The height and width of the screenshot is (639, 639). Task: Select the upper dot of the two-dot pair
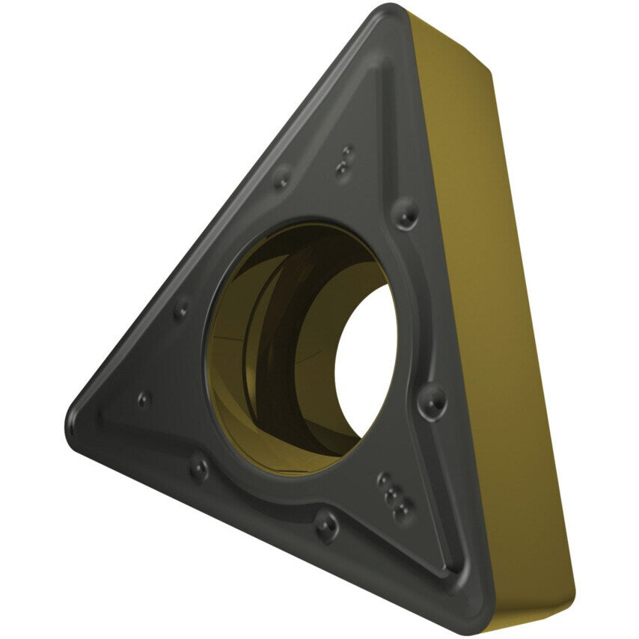coord(346,154)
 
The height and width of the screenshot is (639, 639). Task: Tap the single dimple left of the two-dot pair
coord(282,178)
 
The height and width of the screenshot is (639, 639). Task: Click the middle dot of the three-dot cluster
coord(389,494)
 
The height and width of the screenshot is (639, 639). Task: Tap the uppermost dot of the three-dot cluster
coord(383,478)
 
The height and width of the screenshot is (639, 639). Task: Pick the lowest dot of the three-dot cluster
coord(401,511)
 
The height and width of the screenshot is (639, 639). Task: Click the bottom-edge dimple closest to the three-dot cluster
coord(326,525)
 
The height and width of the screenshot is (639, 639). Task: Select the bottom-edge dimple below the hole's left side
coord(199,469)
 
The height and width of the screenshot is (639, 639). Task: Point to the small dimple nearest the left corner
coord(144,400)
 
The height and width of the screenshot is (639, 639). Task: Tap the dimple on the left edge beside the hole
coord(181,309)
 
